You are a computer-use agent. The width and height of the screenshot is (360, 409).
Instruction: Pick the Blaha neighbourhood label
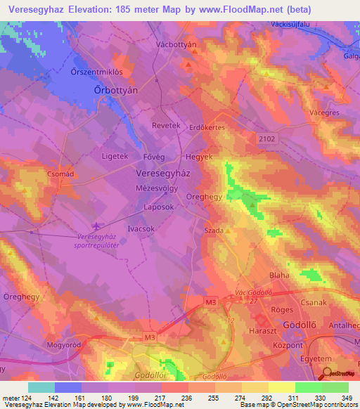(280, 276)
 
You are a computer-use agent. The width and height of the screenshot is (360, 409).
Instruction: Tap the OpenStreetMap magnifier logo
(326, 361)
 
